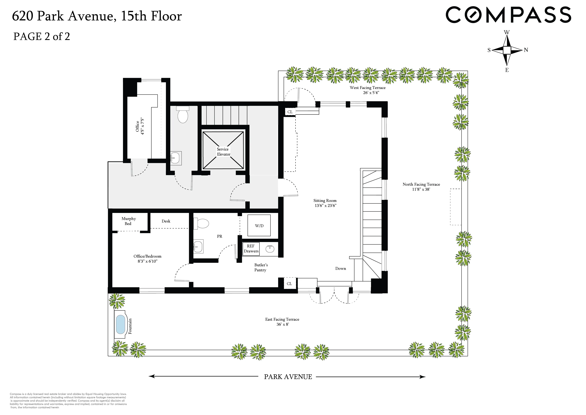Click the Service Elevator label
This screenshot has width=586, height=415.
(223, 152)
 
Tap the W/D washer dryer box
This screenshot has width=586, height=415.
(259, 226)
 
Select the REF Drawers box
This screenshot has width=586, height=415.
(251, 249)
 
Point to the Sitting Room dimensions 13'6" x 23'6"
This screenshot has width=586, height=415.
(325, 206)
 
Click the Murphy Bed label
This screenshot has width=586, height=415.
(128, 221)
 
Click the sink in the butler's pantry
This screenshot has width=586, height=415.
(270, 248)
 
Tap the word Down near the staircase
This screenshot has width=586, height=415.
(340, 269)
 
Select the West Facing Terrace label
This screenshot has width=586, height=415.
(368, 88)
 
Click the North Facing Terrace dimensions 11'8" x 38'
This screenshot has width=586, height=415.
(421, 189)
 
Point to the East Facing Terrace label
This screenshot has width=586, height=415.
(282, 319)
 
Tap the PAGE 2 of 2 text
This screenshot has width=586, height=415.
(42, 36)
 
